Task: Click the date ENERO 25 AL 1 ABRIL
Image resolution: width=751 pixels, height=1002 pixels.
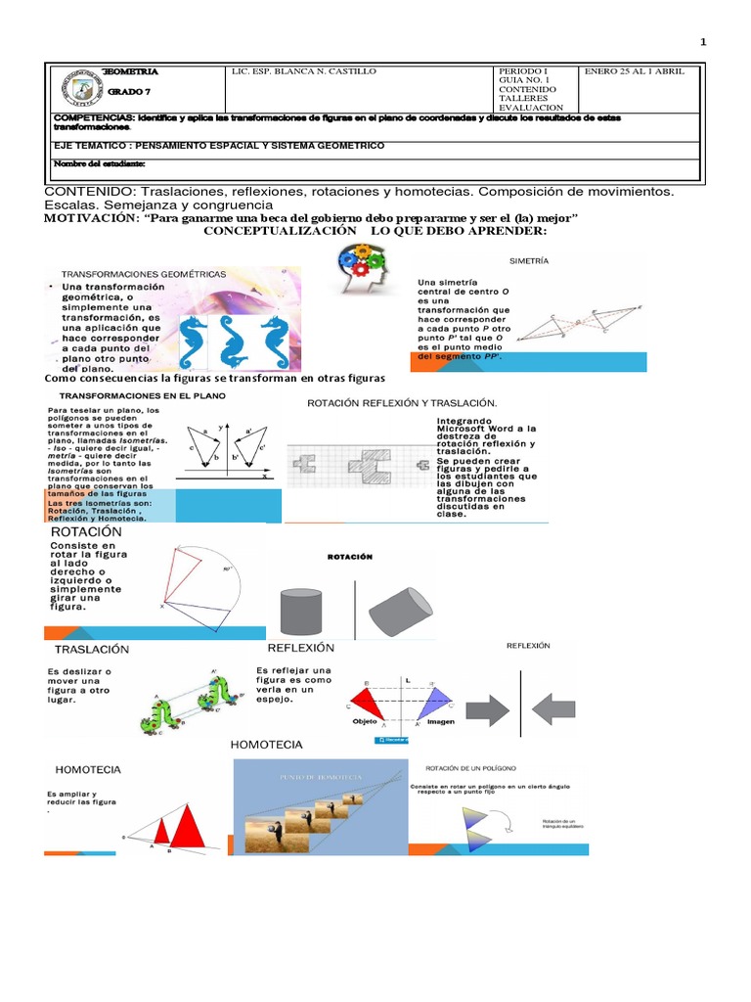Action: [x=635, y=71]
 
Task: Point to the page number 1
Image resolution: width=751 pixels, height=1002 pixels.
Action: [x=703, y=41]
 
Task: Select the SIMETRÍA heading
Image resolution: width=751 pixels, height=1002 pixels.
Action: [x=529, y=261]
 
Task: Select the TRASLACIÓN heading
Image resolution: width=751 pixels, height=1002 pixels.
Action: [x=92, y=649]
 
